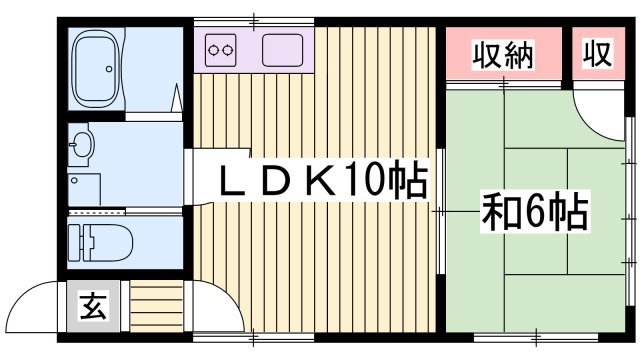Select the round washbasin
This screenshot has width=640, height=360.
(81, 144)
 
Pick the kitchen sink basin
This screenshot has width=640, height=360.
(283, 48)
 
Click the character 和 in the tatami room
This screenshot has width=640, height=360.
(501, 212)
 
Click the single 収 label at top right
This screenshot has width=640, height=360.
(597, 55)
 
